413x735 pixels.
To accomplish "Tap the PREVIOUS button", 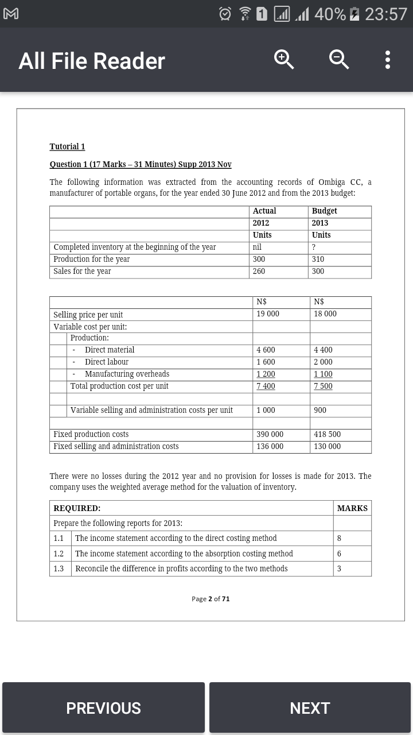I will (103, 707).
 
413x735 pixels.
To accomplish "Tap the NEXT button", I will (310, 707).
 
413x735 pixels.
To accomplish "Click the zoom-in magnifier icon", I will (284, 60).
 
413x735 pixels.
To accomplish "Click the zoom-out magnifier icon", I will (338, 60).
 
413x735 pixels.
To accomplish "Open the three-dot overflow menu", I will (388, 60).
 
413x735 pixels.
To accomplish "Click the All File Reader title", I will (92, 61).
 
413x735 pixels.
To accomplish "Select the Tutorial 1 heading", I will (67, 146).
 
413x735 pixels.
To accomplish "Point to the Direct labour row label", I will (106, 362).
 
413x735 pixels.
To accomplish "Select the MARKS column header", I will (352, 508).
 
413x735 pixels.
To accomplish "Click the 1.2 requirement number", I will (59, 554).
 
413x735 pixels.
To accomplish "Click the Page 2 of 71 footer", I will (211, 599).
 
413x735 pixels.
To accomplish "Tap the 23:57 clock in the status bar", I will (385, 14).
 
